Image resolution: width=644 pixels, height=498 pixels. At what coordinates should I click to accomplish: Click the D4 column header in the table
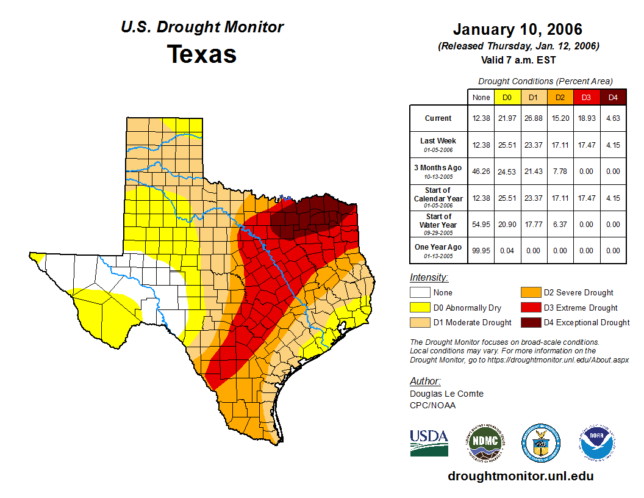coord(613,98)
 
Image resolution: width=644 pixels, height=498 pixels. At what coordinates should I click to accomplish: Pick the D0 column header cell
coord(506,98)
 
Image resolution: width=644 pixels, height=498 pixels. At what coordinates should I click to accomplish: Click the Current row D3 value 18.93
coord(586,118)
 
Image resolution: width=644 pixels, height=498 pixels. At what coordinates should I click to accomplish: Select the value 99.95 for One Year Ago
coord(481,250)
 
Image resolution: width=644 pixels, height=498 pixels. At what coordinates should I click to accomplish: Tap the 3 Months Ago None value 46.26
coord(481,171)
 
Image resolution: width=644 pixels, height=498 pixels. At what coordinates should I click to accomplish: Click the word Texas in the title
coord(202,54)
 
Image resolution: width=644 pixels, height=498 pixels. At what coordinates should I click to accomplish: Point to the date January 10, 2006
coord(518,29)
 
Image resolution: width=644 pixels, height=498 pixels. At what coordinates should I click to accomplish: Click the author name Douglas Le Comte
coord(446,394)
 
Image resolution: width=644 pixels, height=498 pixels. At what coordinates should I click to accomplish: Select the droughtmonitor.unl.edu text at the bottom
coord(520,476)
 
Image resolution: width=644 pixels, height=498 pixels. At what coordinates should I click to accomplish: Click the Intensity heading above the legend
coord(429,278)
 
